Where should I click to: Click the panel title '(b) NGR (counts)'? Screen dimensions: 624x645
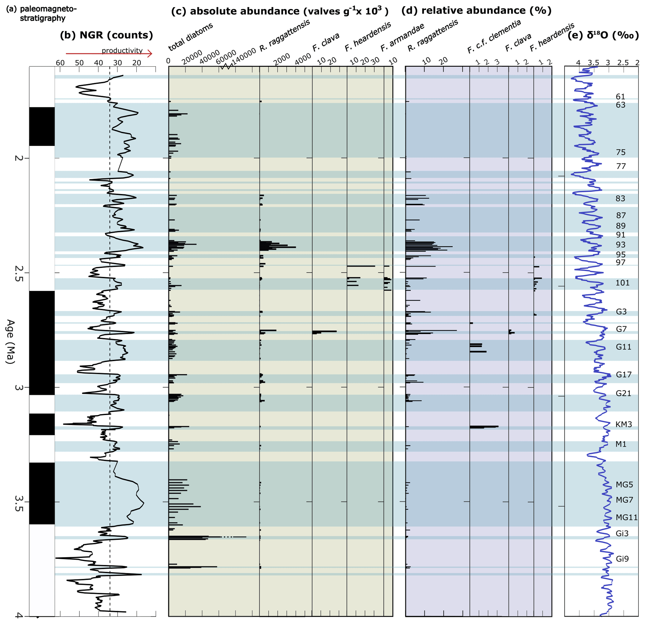click(x=106, y=35)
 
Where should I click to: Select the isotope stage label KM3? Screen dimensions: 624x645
click(x=623, y=424)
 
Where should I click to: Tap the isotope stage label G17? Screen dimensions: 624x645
click(x=623, y=375)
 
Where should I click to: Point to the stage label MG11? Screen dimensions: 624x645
click(x=627, y=517)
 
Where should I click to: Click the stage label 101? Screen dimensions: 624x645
click(x=622, y=283)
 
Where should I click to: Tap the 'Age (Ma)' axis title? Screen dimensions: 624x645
click(x=11, y=341)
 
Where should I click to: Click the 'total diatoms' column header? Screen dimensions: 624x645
click(x=191, y=37)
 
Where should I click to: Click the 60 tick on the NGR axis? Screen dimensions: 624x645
click(x=60, y=62)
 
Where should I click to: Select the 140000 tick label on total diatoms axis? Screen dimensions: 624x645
click(x=243, y=56)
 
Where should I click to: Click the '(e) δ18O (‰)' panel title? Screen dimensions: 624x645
click(x=603, y=35)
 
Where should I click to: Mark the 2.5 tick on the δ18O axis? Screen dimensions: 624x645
click(x=623, y=62)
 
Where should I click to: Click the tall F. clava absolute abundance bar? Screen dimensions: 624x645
click(x=325, y=331)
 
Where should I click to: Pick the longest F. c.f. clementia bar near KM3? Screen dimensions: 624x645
click(x=484, y=427)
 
